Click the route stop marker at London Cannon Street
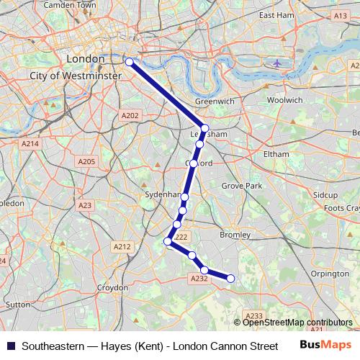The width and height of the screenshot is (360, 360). point(130,62)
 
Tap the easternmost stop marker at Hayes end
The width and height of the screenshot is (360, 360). point(231,279)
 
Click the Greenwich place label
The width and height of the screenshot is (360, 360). point(215,102)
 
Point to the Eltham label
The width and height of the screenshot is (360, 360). point(276,154)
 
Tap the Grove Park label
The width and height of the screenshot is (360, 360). point(242,186)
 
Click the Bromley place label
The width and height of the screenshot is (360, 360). point(235,235)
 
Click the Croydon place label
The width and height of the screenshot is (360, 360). point(112,287)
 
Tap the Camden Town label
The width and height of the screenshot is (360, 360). point(70,5)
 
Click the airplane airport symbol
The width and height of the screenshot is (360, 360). point(278,63)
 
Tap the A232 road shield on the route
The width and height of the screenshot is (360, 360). point(199,279)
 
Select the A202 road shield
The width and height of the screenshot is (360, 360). point(130,115)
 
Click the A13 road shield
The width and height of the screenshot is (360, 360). point(339,14)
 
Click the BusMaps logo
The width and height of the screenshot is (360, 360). point(320,345)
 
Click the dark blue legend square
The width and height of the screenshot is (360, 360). point(11,346)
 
